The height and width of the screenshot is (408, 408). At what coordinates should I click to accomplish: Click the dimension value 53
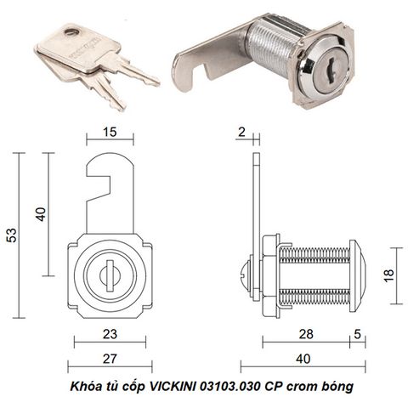pyautogui.click(x=12, y=235)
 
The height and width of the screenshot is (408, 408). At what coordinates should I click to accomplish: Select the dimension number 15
pyautogui.click(x=110, y=132)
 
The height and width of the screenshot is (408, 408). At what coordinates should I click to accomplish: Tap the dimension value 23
pyautogui.click(x=110, y=334)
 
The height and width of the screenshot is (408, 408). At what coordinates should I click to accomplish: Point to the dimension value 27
pyautogui.click(x=110, y=359)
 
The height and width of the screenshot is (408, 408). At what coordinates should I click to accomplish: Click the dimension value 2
pyautogui.click(x=241, y=132)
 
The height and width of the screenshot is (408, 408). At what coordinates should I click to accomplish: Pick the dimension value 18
pyautogui.click(x=389, y=275)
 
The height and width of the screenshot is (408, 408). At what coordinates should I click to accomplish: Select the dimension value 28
pyautogui.click(x=306, y=334)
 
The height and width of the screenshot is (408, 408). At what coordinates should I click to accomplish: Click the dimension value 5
pyautogui.click(x=358, y=334)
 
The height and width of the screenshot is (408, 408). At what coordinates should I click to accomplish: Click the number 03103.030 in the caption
pyautogui.click(x=230, y=386)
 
